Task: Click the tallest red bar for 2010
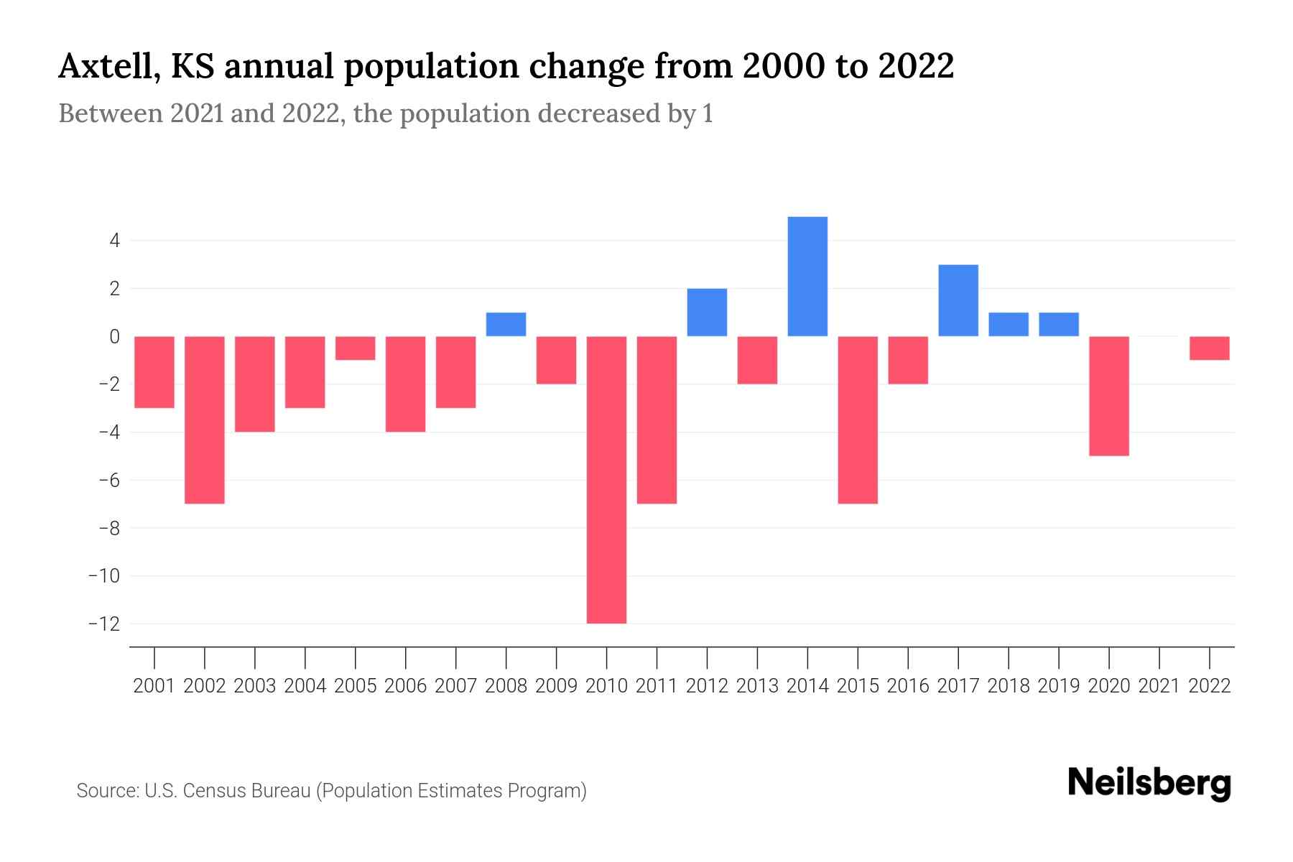tap(606, 480)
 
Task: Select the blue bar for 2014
tap(807, 277)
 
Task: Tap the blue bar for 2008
tap(506, 325)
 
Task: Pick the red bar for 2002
tap(205, 420)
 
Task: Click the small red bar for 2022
tap(1210, 348)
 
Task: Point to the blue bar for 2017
tap(958, 300)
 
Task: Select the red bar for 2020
tap(1109, 396)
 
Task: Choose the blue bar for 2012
tap(707, 312)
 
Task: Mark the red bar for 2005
tap(356, 348)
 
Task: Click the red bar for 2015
tap(858, 420)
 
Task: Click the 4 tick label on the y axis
tap(114, 241)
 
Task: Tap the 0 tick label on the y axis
tap(114, 336)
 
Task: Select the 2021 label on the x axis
tap(1159, 686)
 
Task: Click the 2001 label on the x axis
tap(154, 686)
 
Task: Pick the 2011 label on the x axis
tap(657, 686)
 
